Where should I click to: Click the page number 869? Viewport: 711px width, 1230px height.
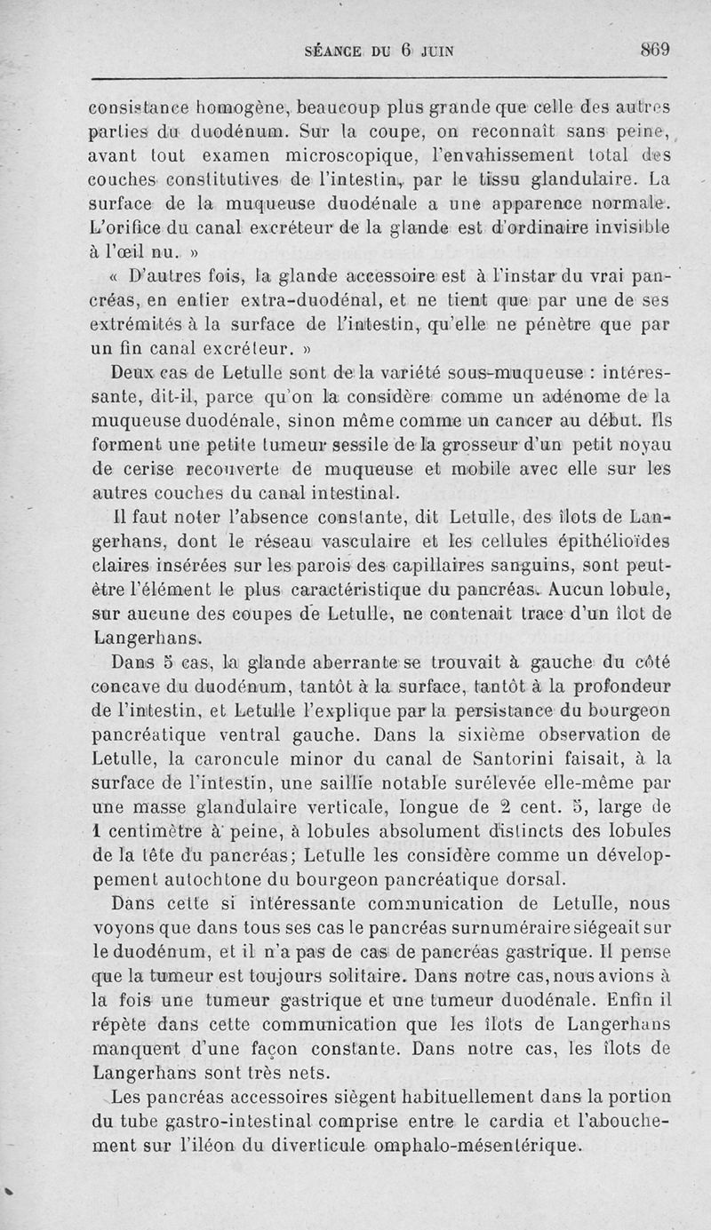(655, 50)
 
